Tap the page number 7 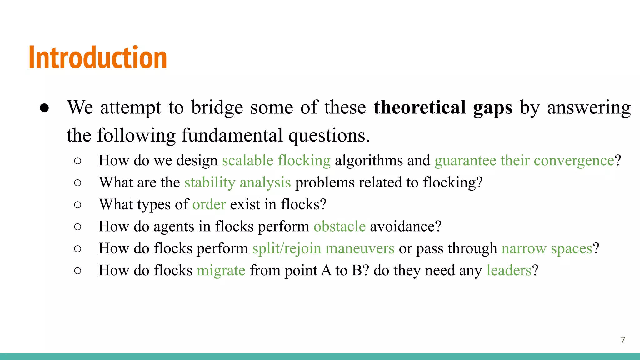(622, 340)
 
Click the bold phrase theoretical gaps (442, 107)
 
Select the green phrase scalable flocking (276, 161)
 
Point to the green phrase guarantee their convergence (524, 161)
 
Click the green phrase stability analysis (237, 182)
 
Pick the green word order (209, 205)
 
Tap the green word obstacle (339, 227)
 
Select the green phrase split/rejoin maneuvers (323, 249)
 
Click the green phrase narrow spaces (547, 249)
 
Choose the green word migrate (221, 271)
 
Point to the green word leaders (509, 271)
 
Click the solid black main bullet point (44, 108)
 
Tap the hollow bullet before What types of (78, 205)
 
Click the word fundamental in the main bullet (232, 136)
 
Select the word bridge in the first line (217, 107)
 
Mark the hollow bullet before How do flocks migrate (78, 271)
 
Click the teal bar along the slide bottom (320, 356)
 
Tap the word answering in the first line (589, 107)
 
